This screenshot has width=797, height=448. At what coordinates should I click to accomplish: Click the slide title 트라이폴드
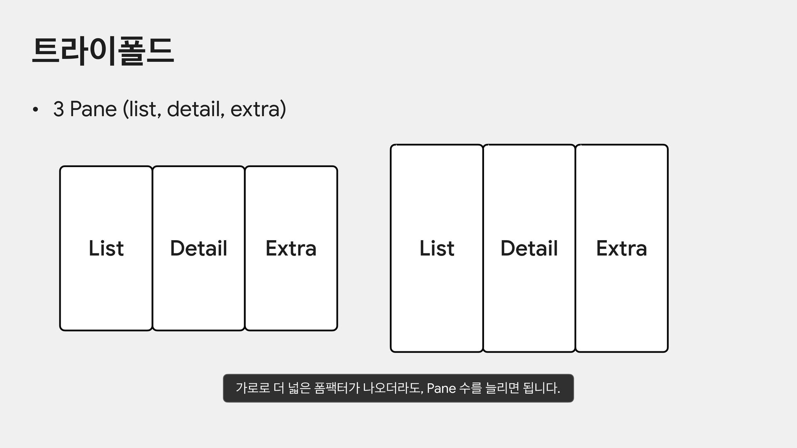point(103,51)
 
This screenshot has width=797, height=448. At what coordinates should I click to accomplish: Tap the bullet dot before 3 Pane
point(36,110)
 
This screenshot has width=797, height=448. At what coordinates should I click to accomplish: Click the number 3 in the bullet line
point(59,110)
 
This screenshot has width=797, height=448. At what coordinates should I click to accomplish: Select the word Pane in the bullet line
point(93,110)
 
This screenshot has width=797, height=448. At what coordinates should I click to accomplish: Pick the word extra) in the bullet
point(258,110)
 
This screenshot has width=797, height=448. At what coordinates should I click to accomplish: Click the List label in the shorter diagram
point(106,248)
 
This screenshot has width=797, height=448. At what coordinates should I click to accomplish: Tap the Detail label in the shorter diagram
point(198,248)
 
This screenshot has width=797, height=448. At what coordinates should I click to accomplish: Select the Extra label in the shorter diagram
point(291,248)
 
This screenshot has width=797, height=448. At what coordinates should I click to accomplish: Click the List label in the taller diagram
point(437,248)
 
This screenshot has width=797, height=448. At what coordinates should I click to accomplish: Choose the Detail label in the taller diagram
point(529,248)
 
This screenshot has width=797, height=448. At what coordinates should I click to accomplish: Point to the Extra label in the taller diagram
point(621,248)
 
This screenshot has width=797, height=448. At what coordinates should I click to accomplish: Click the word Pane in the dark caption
point(441,389)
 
